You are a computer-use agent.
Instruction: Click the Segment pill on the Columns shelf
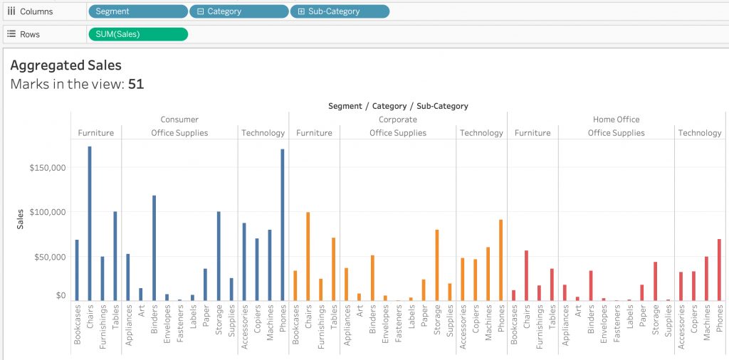[137, 11]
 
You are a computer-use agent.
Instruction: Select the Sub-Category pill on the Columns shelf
[340, 11]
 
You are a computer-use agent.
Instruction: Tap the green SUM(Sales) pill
[137, 34]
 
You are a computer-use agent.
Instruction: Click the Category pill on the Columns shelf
[238, 11]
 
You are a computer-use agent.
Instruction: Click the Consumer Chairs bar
[90, 224]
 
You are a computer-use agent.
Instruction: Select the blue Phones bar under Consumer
[282, 226]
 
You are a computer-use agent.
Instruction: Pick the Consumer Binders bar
[154, 248]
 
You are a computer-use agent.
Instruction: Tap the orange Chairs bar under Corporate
[308, 256]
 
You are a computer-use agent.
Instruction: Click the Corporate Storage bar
[436, 265]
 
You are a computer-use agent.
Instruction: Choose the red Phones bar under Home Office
[719, 270]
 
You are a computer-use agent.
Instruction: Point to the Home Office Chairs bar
[526, 276]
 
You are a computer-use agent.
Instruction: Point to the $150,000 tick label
[48, 168]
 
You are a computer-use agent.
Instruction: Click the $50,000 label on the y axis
[50, 257]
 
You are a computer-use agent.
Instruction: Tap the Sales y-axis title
[20, 220]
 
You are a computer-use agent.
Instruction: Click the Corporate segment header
[397, 120]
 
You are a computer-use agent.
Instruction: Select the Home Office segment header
[616, 120]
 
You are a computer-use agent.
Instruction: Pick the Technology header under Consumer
[263, 133]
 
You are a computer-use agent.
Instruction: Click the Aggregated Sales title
[65, 65]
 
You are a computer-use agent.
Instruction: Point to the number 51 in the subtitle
[136, 84]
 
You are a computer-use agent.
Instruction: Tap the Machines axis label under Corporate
[488, 322]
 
